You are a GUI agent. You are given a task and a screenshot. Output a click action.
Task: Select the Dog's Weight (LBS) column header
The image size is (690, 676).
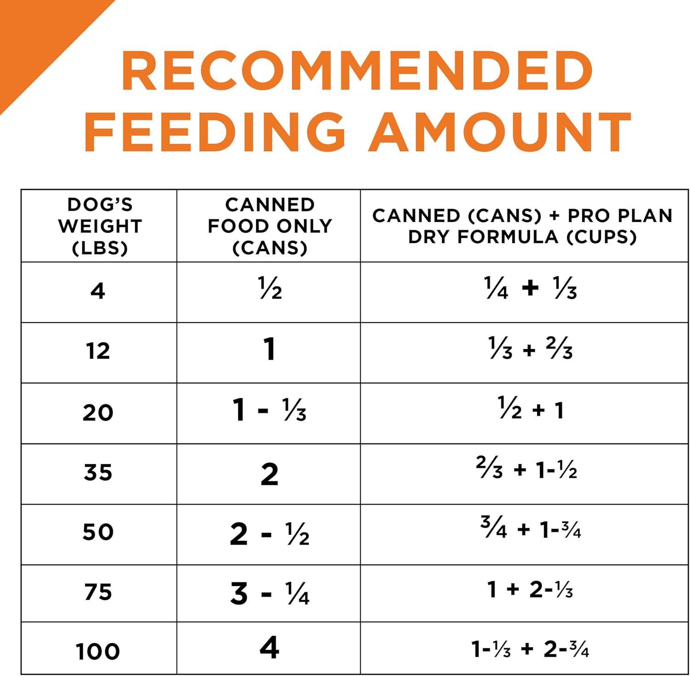click(x=99, y=226)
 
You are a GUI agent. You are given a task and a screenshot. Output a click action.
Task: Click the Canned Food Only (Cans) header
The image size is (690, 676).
click(x=270, y=226)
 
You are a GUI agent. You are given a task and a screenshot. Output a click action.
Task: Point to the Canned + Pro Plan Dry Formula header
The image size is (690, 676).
click(x=523, y=226)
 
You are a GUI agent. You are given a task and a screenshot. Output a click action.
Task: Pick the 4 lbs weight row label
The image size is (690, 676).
click(x=98, y=291)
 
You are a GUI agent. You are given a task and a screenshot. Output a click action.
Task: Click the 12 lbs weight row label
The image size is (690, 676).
click(x=98, y=351)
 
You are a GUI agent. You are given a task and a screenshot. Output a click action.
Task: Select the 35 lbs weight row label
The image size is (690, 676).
click(x=98, y=472)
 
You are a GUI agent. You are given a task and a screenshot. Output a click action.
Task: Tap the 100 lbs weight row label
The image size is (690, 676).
click(x=98, y=651)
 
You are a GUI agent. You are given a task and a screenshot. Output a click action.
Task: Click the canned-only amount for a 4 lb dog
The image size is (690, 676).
click(x=270, y=289)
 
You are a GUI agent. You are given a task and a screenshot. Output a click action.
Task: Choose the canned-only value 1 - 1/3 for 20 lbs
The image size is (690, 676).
click(x=269, y=410)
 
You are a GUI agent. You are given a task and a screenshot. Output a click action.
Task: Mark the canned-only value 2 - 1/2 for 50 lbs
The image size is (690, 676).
click(x=269, y=534)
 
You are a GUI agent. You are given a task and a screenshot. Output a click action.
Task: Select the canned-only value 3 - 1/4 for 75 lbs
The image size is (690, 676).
click(x=270, y=593)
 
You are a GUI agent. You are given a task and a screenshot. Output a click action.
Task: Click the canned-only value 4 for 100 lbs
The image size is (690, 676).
click(x=269, y=647)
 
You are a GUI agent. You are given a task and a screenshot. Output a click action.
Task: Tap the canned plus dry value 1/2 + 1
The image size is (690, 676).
click(x=530, y=409)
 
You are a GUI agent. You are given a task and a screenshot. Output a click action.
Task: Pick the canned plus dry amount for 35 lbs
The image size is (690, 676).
click(x=526, y=469)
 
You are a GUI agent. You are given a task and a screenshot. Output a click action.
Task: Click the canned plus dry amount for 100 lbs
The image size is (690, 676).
click(x=530, y=649)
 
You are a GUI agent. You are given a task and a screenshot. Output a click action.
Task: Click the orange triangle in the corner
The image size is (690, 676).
click(x=32, y=32)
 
